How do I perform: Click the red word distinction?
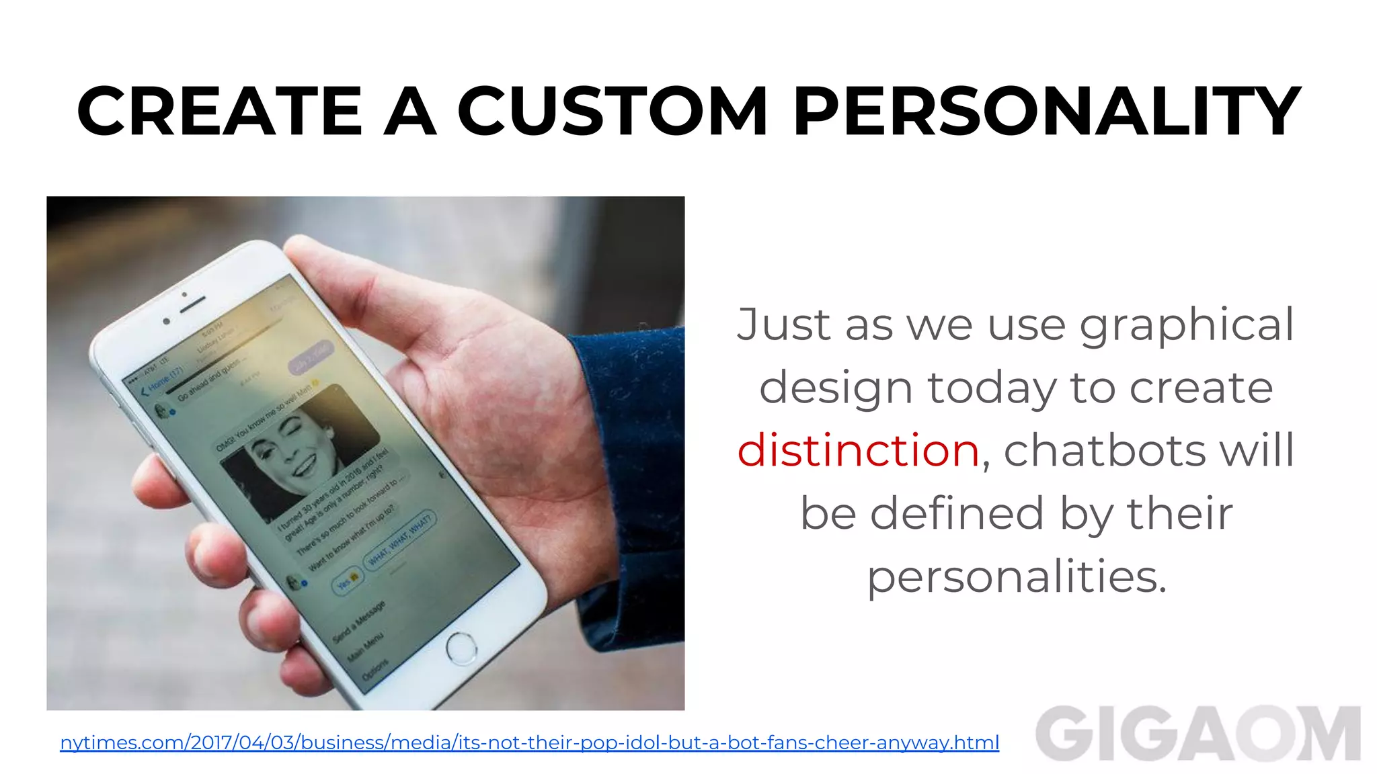[858, 450]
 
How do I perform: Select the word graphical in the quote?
[1187, 325]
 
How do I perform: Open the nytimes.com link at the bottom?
[529, 742]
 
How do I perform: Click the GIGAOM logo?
[1197, 734]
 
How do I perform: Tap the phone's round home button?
[461, 648]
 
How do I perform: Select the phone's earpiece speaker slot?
[192, 304]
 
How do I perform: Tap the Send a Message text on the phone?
[360, 622]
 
